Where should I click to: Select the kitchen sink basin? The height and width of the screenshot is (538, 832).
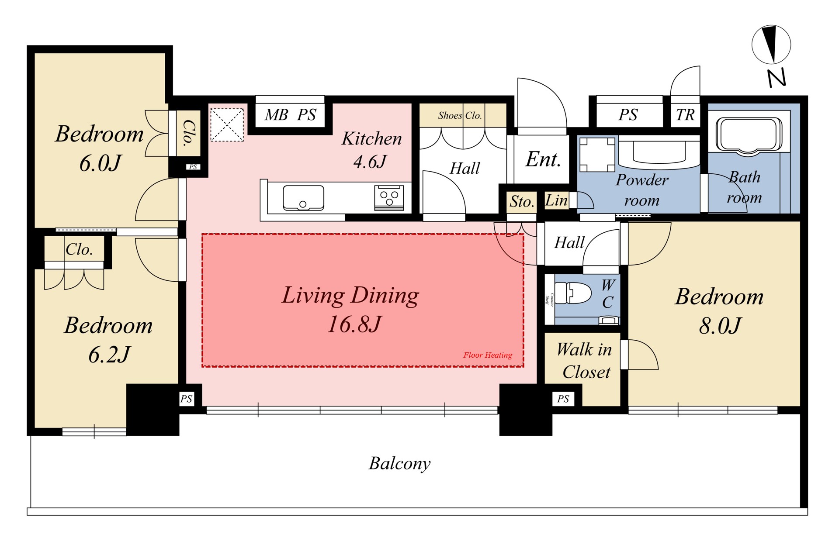[x=303, y=198]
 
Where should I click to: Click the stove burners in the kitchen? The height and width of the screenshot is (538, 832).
[x=389, y=198]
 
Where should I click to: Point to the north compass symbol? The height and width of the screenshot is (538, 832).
[x=772, y=45]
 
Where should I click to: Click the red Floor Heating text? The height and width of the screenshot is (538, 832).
[x=488, y=355]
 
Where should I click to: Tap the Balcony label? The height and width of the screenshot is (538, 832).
[x=400, y=463]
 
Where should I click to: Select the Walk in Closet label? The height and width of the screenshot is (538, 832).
[x=584, y=361]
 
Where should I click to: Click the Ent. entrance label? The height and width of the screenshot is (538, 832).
[x=543, y=159]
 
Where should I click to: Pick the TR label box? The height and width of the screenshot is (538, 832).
[x=685, y=115]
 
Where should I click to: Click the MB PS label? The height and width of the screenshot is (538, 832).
[x=290, y=115]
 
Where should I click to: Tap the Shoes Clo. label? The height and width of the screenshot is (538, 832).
[x=460, y=116]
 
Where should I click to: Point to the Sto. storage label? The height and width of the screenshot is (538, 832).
[x=522, y=201]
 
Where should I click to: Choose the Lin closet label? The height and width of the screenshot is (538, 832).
[x=556, y=200]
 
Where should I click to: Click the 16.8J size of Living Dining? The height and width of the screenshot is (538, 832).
[x=354, y=324]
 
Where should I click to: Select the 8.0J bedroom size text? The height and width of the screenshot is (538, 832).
[x=720, y=326]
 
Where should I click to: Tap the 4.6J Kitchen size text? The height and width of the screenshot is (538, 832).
[x=370, y=162]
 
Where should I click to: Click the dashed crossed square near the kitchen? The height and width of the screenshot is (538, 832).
[x=227, y=125]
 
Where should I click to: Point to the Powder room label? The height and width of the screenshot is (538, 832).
[x=642, y=190]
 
